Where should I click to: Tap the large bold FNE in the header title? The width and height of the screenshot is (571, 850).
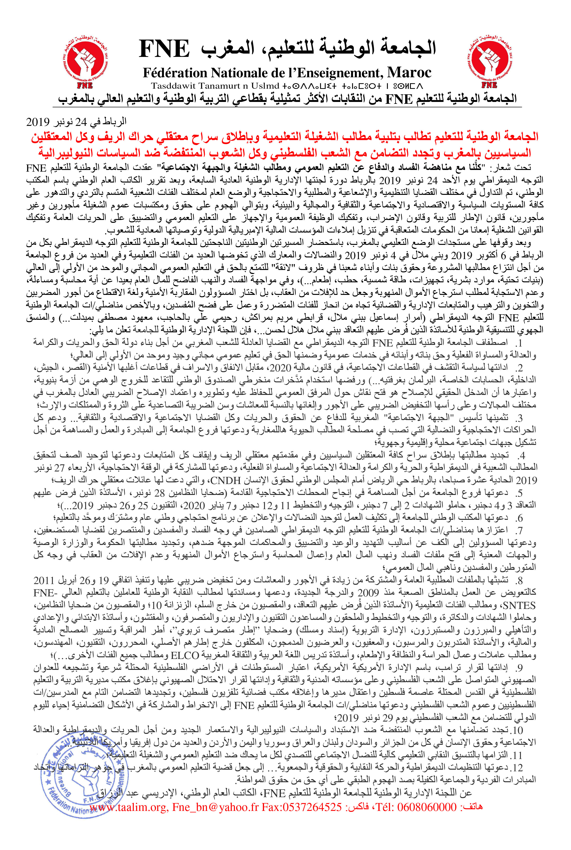tap(165, 49)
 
